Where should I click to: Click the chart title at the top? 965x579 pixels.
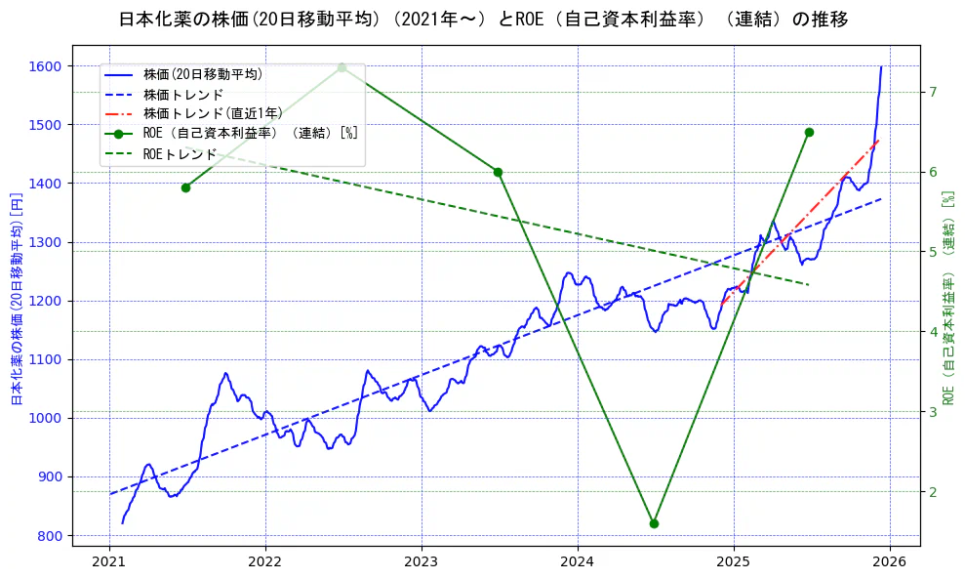[483, 20]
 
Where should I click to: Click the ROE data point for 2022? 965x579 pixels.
[342, 67]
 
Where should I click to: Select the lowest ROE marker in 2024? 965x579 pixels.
[654, 523]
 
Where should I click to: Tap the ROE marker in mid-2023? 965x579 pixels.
[498, 172]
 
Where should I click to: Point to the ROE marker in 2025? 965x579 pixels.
[809, 132]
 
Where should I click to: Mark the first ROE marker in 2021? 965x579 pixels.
[185, 187]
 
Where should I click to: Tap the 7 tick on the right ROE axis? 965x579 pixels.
[933, 92]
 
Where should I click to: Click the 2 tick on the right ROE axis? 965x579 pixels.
[933, 491]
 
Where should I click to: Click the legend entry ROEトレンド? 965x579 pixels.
[180, 153]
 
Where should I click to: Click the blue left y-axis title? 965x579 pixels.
[16, 299]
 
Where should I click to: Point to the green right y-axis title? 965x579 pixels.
[948, 298]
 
